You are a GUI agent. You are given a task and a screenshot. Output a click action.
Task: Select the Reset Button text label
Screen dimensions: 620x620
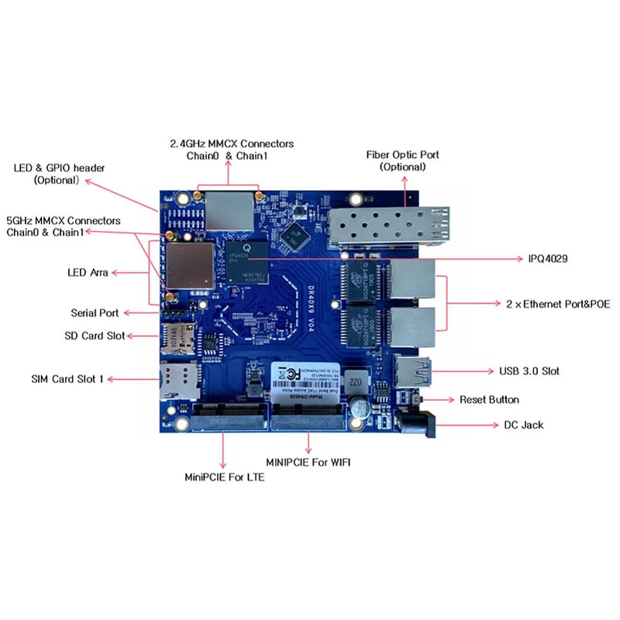pyautogui.click(x=489, y=400)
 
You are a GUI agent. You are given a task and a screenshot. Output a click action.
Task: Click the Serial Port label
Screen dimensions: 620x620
pyautogui.click(x=95, y=313)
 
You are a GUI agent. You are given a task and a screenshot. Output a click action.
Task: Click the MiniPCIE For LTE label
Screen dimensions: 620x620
pyautogui.click(x=224, y=477)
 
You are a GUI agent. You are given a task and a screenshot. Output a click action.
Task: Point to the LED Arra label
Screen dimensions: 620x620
pyautogui.click(x=88, y=273)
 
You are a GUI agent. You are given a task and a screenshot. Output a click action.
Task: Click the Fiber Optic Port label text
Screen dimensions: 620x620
pyautogui.click(x=402, y=160)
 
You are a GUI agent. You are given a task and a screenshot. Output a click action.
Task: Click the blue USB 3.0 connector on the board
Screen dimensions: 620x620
pyautogui.click(x=413, y=372)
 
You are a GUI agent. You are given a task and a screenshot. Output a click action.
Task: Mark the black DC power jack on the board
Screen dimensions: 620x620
pyautogui.click(x=417, y=423)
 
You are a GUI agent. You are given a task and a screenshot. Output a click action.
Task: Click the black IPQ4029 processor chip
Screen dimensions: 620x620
pyautogui.click(x=246, y=260)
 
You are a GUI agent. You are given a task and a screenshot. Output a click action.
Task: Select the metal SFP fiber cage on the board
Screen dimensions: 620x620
pyautogui.click(x=383, y=222)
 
